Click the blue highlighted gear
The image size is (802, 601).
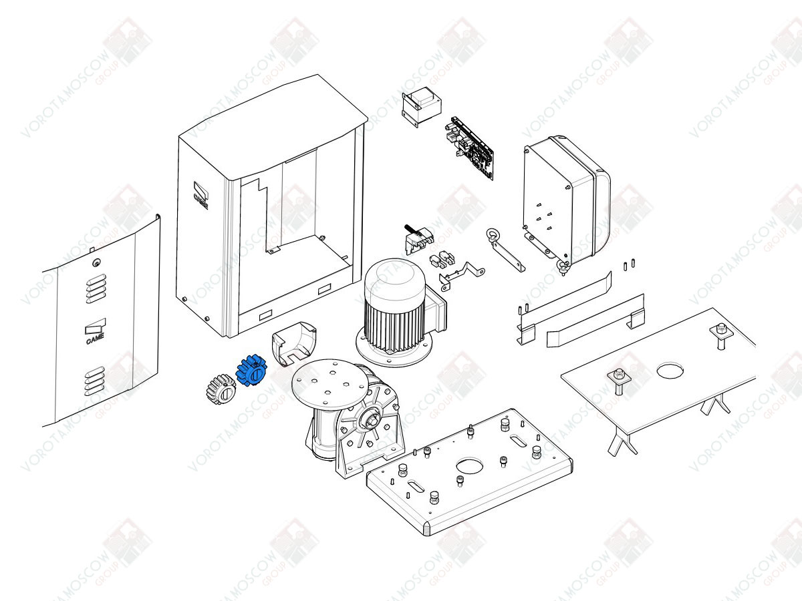pyautogui.click(x=251, y=371)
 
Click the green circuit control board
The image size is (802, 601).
pyautogui.click(x=473, y=148)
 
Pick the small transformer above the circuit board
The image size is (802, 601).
pyautogui.click(x=419, y=106)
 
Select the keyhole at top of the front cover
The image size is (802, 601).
pyautogui.click(x=98, y=262)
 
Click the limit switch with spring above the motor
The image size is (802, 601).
pyautogui.click(x=416, y=238)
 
